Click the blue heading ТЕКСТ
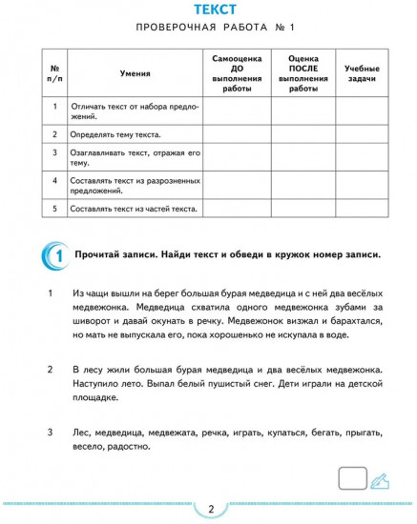tap(209, 10)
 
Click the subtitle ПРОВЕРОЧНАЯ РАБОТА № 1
tap(209, 32)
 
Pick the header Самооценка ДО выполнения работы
tap(238, 73)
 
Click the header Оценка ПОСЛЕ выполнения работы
tap(302, 73)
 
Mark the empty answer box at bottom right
tap(353, 478)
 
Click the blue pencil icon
tap(379, 479)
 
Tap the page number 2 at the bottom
tap(209, 509)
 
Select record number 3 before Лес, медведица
tap(50, 432)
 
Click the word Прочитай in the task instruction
tap(113, 255)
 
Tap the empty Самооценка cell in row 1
tap(238, 111)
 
